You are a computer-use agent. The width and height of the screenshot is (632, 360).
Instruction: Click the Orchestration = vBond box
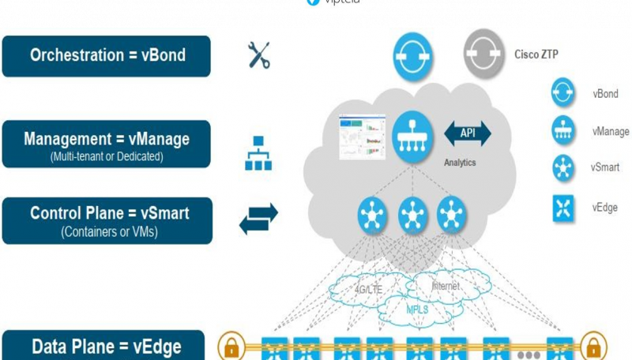pos(107,56)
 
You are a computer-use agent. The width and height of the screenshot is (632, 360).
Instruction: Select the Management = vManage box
pos(107,144)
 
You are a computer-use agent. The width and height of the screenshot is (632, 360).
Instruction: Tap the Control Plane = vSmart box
pos(107,220)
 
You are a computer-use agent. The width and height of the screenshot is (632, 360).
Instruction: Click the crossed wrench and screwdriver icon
pos(259,55)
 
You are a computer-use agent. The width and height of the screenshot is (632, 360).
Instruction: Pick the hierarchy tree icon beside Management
pos(258,154)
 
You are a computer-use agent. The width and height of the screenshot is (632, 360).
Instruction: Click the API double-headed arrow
pos(468,134)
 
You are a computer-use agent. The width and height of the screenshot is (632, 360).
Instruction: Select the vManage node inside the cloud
pos(412,137)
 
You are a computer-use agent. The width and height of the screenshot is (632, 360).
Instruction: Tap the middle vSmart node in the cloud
pos(412,213)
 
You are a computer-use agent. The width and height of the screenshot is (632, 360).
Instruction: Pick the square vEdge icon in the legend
pos(562,208)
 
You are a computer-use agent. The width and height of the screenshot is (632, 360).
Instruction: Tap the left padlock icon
pos(230,347)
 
